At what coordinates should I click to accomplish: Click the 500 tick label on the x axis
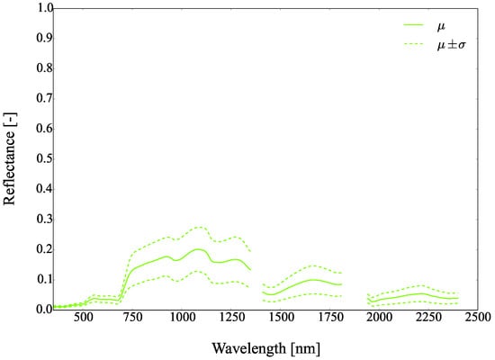pos(83,319)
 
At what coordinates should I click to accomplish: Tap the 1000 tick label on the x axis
pos(181,319)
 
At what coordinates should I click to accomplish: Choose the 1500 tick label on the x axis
pos(280,319)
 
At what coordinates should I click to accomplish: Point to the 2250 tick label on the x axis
pos(427,319)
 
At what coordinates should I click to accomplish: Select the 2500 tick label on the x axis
pos(477,319)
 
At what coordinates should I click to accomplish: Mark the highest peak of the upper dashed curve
pos(198,227)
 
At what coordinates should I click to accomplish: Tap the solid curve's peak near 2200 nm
pos(419,293)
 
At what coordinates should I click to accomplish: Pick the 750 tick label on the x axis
pos(132,319)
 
